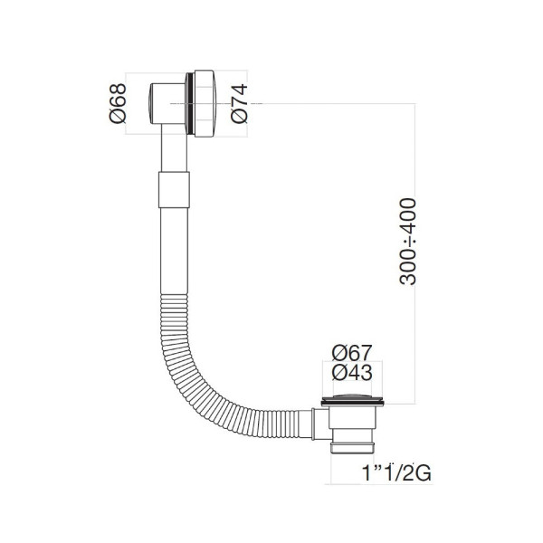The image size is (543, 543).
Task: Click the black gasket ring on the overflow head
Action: [189, 104]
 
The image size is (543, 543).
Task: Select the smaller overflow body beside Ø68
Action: [167, 105]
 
